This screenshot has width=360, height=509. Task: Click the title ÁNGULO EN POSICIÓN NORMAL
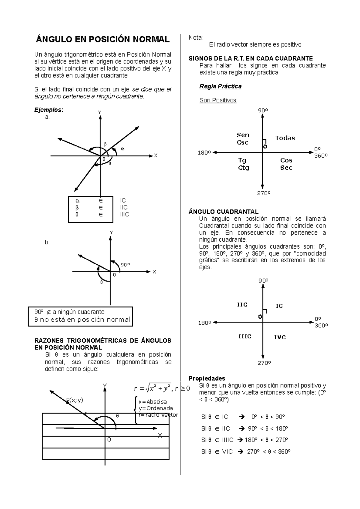click(x=103, y=39)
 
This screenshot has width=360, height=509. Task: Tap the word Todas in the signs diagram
click(x=285, y=138)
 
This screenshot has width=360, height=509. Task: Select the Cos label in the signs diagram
click(x=286, y=160)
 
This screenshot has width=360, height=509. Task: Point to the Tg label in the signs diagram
click(x=242, y=160)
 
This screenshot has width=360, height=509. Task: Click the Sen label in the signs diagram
click(x=243, y=135)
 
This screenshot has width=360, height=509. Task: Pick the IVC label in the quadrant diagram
click(x=280, y=337)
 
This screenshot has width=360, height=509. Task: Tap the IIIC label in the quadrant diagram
click(x=245, y=337)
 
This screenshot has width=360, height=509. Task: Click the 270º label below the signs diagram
click(x=264, y=193)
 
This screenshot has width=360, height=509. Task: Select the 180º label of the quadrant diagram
click(x=205, y=323)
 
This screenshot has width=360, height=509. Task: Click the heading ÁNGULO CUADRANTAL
click(x=223, y=212)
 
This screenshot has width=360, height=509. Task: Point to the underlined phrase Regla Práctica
click(x=220, y=86)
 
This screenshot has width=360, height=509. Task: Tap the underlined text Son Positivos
click(x=218, y=100)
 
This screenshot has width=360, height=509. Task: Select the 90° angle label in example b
click(x=125, y=265)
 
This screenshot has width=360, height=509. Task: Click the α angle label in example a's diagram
click(x=122, y=149)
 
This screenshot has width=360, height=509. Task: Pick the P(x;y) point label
click(x=75, y=400)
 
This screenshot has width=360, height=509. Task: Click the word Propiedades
click(x=207, y=378)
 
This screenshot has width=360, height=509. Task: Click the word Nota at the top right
click(x=195, y=37)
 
